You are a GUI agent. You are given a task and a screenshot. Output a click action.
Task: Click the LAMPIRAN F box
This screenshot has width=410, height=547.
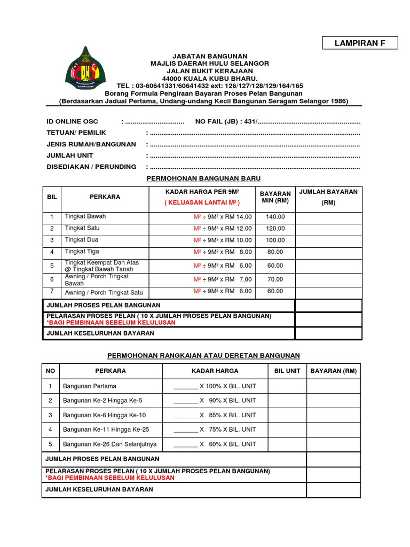(x=360, y=43)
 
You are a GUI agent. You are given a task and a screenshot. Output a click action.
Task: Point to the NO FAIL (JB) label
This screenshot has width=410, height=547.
(x=218, y=122)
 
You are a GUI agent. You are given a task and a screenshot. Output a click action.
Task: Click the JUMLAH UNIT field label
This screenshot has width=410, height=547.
(x=70, y=155)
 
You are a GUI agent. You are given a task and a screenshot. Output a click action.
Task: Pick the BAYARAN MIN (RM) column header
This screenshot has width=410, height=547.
(x=275, y=197)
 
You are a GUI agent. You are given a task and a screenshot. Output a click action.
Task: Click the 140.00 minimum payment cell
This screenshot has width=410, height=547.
(x=275, y=217)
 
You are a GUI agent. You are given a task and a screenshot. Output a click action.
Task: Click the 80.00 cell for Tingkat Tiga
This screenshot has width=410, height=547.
(x=275, y=252)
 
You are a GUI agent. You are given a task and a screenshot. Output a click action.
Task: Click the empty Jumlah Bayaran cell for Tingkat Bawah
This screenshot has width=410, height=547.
(x=328, y=217)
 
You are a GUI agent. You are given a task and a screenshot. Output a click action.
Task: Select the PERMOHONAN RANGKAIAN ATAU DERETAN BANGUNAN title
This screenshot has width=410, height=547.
(x=204, y=355)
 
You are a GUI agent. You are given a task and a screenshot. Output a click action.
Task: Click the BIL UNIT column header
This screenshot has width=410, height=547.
(x=287, y=371)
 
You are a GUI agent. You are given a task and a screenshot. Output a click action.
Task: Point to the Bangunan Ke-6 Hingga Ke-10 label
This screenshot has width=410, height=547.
(x=104, y=415)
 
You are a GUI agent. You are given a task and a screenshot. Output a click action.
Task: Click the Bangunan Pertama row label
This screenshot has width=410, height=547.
(x=89, y=386)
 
